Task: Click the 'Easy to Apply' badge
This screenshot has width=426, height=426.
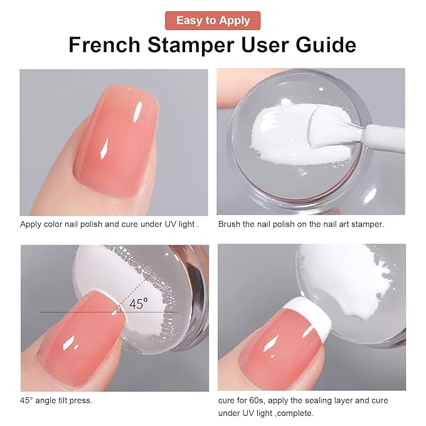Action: tap(213, 20)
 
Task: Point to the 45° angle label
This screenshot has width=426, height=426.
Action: tap(139, 304)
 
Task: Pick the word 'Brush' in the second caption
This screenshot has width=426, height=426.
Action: tap(230, 224)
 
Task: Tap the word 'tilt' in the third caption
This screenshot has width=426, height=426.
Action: tap(64, 400)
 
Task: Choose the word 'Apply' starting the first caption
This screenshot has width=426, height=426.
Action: tap(31, 224)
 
